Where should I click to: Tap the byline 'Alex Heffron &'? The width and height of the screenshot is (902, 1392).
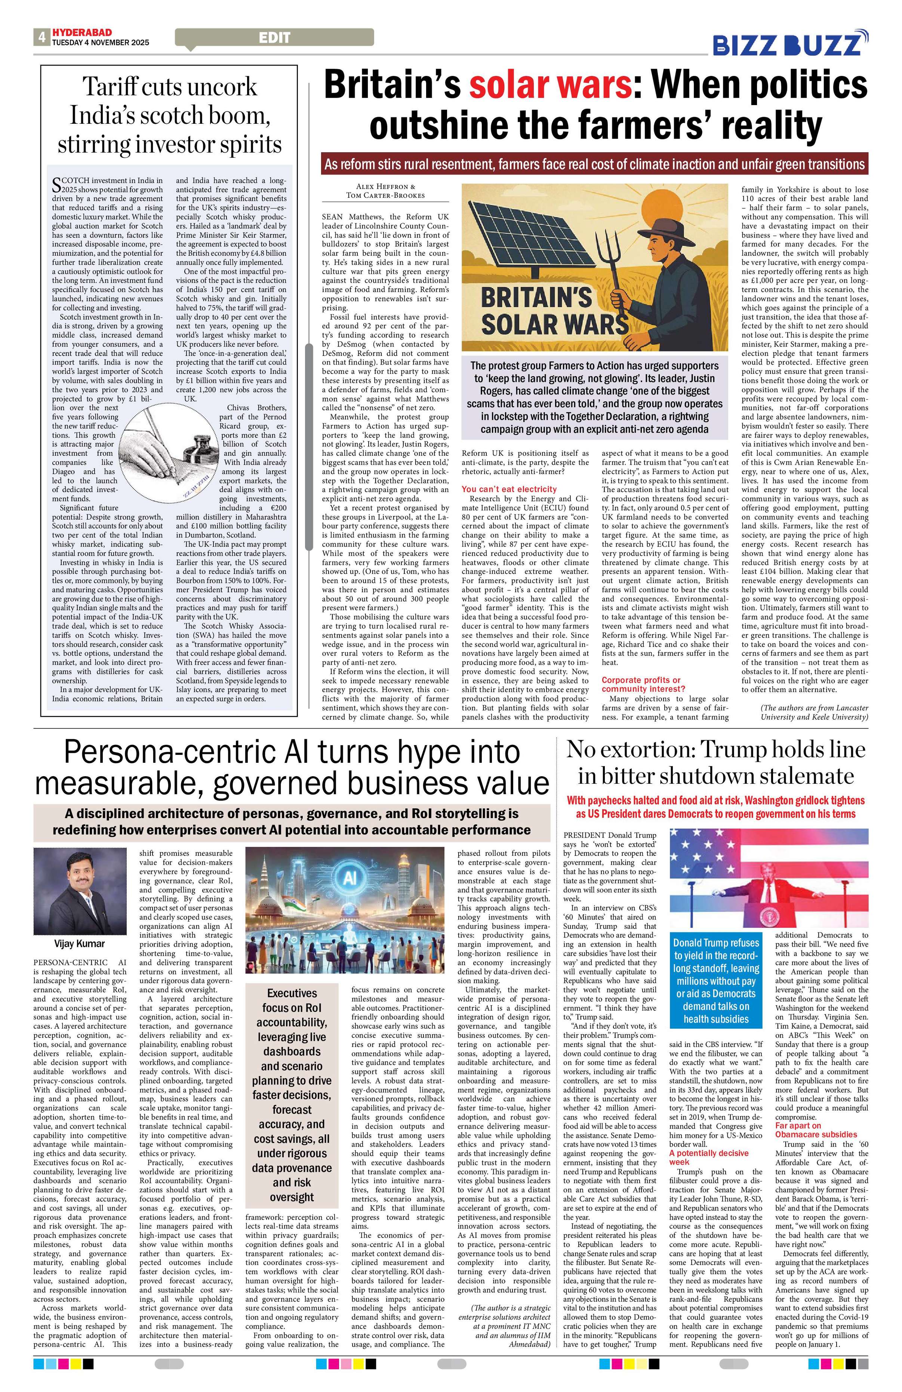(385, 186)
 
